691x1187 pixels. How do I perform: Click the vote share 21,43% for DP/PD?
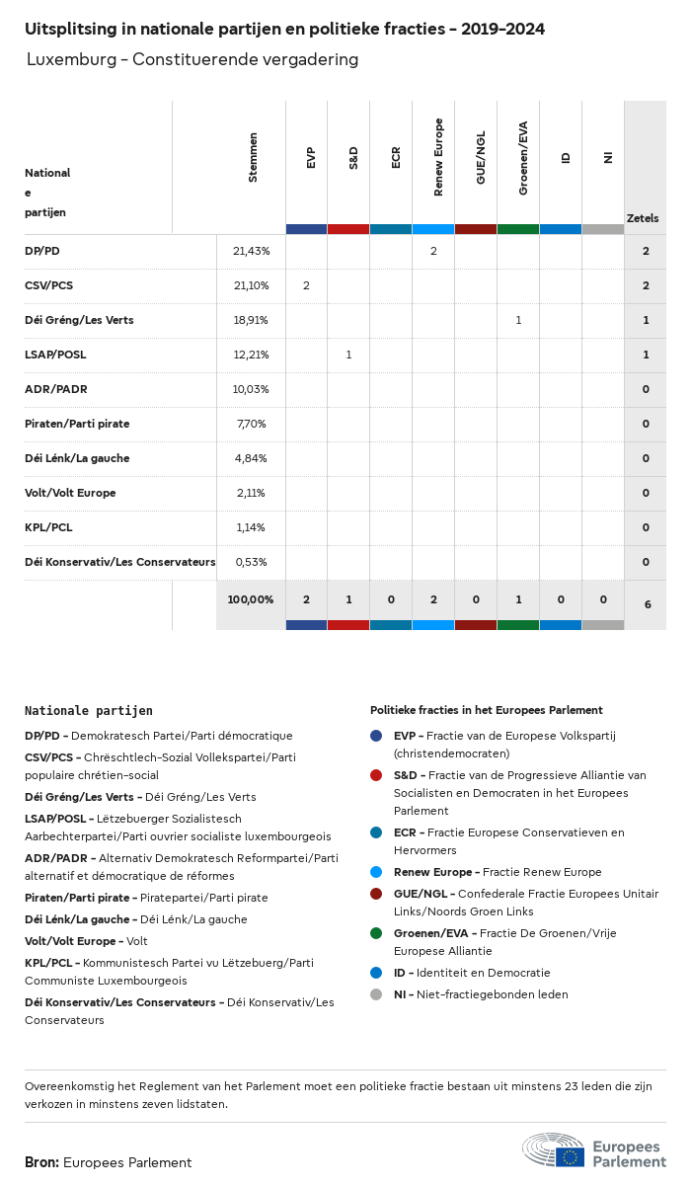click(x=251, y=252)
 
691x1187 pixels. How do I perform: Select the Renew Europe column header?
click(x=438, y=157)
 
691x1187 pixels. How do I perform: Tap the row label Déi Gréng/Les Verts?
click(x=79, y=320)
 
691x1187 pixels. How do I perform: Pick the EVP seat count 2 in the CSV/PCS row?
click(x=306, y=286)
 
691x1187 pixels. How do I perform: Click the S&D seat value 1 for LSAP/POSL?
click(x=348, y=355)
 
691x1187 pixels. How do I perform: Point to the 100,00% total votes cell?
click(x=251, y=599)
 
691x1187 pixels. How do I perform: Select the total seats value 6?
click(x=647, y=603)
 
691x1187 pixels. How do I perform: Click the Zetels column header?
click(x=643, y=218)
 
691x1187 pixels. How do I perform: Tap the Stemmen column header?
click(x=254, y=157)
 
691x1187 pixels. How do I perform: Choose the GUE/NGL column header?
click(x=481, y=157)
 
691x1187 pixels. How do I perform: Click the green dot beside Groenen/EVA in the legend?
click(x=376, y=933)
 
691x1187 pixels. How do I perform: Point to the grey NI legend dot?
click(x=376, y=994)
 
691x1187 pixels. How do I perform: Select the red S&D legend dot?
click(x=376, y=775)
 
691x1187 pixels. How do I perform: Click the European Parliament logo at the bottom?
click(x=593, y=1151)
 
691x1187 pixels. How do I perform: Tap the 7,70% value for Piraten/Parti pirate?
click(x=251, y=424)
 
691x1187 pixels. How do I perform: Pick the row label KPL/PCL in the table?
click(x=48, y=527)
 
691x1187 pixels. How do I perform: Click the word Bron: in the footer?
click(x=42, y=1162)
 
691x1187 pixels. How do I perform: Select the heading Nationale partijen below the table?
click(x=89, y=710)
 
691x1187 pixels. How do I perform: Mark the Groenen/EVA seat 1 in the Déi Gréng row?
click(x=518, y=320)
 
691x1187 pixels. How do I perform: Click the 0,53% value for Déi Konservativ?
click(x=251, y=562)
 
